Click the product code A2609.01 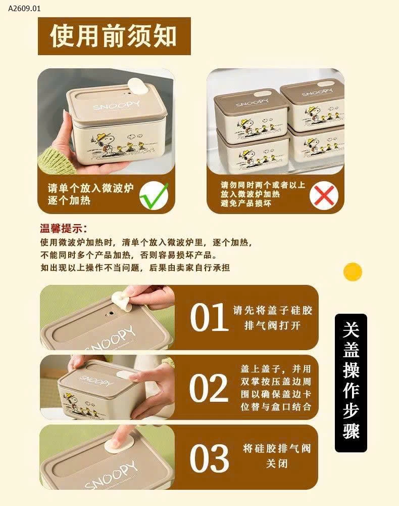tap(24, 9)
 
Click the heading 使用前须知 tap(114, 36)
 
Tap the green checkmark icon tap(154, 195)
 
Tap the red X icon tap(324, 195)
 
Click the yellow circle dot tap(353, 272)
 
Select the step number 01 tap(209, 318)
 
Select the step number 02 tap(209, 388)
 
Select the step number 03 tap(209, 458)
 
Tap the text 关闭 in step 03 tap(277, 463)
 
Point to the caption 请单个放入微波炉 tap(91, 188)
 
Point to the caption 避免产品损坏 tap(245, 203)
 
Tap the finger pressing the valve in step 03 tap(120, 434)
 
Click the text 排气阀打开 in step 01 tap(272, 325)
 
